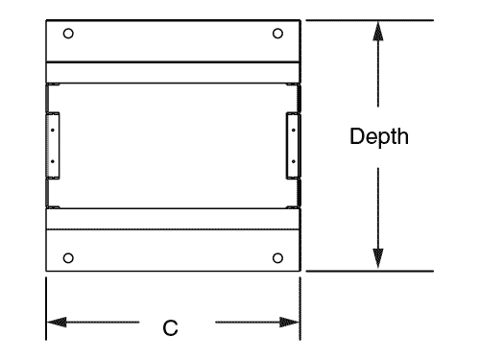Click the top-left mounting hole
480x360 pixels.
click(x=67, y=33)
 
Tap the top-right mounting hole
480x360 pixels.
click(x=277, y=33)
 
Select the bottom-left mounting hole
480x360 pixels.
click(x=67, y=256)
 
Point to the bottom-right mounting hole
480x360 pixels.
click(x=277, y=256)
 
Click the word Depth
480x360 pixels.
click(x=379, y=137)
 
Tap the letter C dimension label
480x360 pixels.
click(x=170, y=328)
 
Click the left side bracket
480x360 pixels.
click(x=53, y=145)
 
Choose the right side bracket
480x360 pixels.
click(x=292, y=145)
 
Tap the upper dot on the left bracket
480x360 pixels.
click(x=52, y=125)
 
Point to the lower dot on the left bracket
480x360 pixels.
click(x=52, y=163)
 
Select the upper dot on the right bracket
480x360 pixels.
click(x=292, y=125)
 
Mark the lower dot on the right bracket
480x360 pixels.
click(x=292, y=163)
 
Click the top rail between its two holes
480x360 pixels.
click(x=173, y=38)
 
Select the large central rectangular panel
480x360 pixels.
click(x=173, y=144)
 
